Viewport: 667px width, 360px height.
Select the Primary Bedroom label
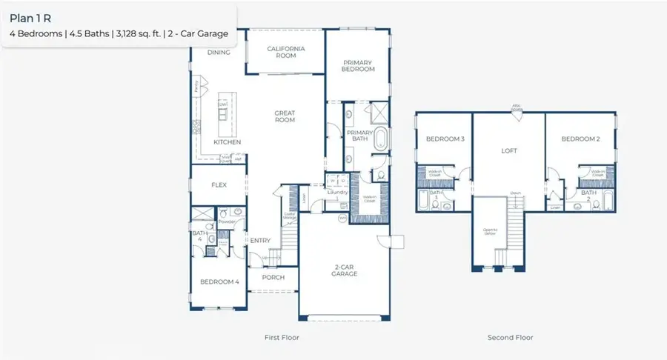[x=358, y=64]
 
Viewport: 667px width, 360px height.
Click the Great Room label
[x=285, y=117]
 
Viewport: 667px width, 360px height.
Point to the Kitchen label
[x=228, y=141]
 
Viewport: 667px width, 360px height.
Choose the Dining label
[x=219, y=53]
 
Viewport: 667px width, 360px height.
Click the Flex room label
[x=219, y=185]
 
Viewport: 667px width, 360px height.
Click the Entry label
[x=260, y=240]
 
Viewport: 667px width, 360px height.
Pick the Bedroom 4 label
[x=219, y=281]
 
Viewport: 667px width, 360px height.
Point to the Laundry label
[x=338, y=193]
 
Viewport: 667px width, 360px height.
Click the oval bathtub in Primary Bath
[x=380, y=139]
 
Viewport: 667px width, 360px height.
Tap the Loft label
[x=508, y=150]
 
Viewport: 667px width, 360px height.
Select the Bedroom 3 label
[x=445, y=139]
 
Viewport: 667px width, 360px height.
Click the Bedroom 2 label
[x=580, y=139]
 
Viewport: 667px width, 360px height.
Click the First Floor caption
[x=282, y=338]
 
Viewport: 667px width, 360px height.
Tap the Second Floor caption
[x=510, y=338]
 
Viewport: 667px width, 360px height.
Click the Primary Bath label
[x=359, y=135]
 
